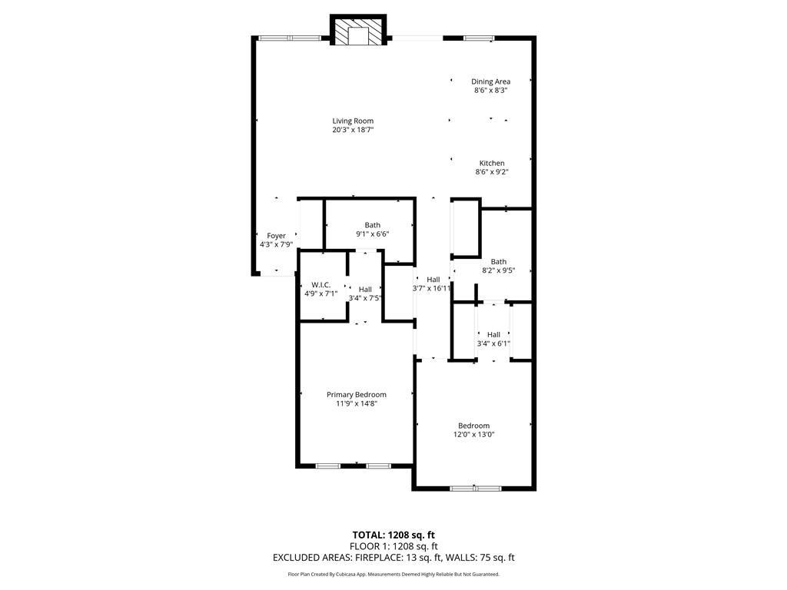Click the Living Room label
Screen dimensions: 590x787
(x=353, y=121)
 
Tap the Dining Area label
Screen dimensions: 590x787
(x=490, y=81)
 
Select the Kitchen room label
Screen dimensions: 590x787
(x=492, y=163)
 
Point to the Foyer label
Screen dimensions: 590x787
(x=276, y=236)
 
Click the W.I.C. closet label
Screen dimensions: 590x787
(x=320, y=284)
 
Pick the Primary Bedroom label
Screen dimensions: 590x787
(x=356, y=394)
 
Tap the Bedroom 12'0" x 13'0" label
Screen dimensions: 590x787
(x=473, y=426)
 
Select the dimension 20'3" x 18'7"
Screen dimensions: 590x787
(x=353, y=131)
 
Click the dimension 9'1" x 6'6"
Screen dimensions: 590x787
(x=373, y=234)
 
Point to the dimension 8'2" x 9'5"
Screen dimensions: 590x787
(x=498, y=270)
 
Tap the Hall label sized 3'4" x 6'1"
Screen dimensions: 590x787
(x=493, y=334)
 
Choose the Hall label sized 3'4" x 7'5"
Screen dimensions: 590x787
(x=365, y=289)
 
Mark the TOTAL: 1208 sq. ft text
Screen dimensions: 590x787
(x=393, y=535)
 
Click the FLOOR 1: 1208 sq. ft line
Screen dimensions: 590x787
(x=393, y=546)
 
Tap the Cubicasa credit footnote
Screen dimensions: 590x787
(x=393, y=574)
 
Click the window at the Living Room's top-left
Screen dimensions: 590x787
(x=289, y=38)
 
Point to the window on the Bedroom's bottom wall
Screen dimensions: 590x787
(x=475, y=488)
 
